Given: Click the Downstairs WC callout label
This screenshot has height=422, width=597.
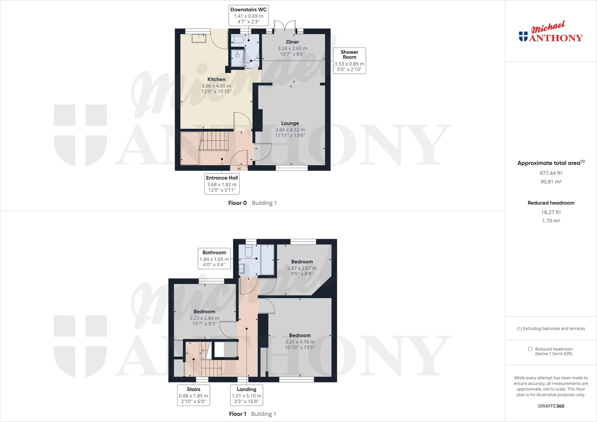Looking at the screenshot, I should tap(248, 10).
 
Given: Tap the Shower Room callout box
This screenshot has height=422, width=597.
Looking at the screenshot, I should tap(349, 60).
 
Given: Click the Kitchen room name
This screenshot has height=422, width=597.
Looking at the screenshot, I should tap(216, 79).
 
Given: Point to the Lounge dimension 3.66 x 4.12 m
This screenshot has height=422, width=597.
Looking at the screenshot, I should tap(290, 130).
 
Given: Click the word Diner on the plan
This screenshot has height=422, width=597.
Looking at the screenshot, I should tap(293, 42).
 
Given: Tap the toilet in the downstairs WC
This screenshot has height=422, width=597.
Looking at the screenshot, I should tap(237, 40).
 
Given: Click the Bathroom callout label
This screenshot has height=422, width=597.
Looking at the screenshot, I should tap(214, 252).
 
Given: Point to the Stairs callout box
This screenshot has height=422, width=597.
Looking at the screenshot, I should tap(194, 395).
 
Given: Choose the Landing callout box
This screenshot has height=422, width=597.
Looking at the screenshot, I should tap(247, 395).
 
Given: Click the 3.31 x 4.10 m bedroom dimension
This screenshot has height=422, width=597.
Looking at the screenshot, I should tap(300, 342).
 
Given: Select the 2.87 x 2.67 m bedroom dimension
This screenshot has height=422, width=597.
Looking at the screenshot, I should tap(302, 268).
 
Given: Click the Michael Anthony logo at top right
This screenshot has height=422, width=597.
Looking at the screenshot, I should tap(551, 35).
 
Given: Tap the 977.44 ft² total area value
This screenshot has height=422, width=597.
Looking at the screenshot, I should tap(551, 173).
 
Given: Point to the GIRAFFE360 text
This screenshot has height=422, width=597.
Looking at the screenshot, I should tap(551, 406).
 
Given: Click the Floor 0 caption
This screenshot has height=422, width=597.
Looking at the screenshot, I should tap(237, 203).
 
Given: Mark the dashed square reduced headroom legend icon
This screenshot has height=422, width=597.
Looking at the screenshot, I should tap(530, 349).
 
